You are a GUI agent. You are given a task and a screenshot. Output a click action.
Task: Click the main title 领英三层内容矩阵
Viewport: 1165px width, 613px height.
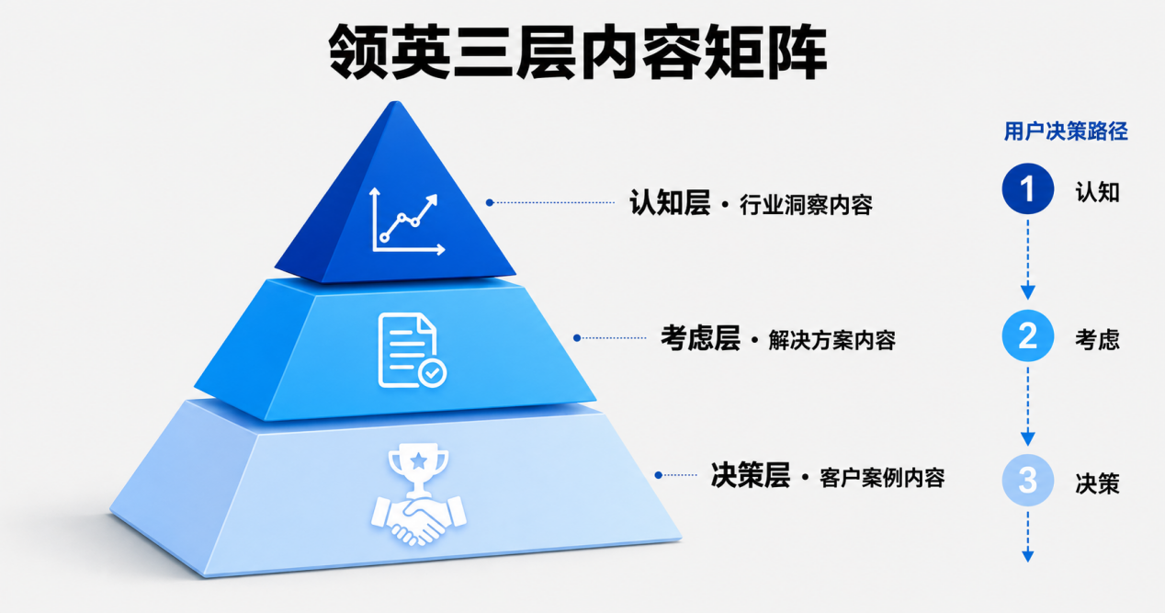point(578,51)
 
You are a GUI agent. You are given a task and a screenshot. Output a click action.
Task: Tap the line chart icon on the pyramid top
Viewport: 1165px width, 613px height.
point(407,221)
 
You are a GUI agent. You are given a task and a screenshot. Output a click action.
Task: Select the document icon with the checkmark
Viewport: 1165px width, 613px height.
point(412,350)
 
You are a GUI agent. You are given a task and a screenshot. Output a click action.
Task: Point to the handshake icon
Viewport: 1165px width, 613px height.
point(418,519)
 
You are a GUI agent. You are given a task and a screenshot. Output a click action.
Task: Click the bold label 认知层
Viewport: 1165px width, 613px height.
point(670,202)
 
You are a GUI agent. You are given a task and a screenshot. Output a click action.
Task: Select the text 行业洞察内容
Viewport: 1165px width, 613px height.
point(806,205)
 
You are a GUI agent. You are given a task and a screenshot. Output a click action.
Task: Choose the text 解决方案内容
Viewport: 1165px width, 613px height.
point(832,340)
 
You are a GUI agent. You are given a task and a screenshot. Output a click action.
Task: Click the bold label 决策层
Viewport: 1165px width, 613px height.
point(751,475)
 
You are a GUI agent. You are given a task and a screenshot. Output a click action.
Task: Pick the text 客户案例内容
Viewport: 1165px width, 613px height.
point(882,478)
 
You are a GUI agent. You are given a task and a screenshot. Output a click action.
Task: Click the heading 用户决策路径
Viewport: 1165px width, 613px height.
point(1066,131)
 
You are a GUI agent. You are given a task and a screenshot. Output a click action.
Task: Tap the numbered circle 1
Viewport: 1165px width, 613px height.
point(1028,188)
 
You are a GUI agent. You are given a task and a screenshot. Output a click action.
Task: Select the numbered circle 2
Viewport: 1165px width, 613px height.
point(1028,335)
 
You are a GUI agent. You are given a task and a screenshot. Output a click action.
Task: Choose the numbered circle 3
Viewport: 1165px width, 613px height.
point(1028,481)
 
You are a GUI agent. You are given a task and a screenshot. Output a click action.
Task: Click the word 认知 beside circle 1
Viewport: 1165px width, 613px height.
point(1097,192)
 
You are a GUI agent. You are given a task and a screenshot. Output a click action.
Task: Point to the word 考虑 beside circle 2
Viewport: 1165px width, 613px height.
point(1097,340)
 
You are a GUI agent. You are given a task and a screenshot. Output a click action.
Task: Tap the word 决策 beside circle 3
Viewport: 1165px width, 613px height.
point(1097,484)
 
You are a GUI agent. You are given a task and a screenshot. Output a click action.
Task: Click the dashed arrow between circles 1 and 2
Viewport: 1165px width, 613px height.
point(1028,260)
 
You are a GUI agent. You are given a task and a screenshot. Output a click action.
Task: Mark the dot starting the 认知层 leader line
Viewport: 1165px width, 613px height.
point(490,202)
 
